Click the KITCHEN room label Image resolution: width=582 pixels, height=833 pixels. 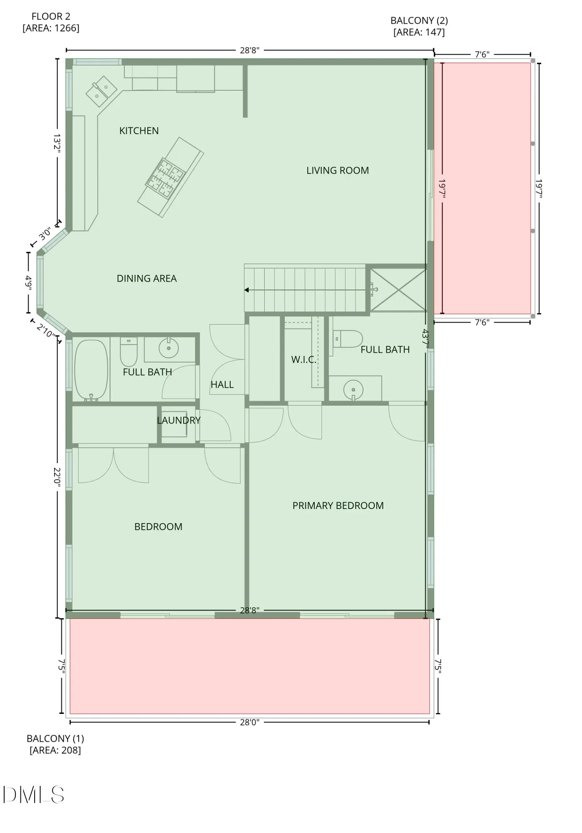(139, 131)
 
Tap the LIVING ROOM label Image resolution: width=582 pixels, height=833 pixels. (338, 170)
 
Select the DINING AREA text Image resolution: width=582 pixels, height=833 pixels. (147, 278)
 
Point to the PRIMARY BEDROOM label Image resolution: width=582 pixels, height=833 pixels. (338, 506)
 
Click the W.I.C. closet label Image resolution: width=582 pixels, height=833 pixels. (304, 359)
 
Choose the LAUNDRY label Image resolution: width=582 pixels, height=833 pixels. (179, 420)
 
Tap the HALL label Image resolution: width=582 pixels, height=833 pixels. (222, 384)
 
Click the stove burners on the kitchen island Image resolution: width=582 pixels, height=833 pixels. (165, 178)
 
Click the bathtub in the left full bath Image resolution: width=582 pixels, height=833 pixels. (91, 370)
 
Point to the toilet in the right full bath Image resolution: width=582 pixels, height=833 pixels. (348, 339)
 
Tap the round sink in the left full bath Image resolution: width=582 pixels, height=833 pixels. (169, 348)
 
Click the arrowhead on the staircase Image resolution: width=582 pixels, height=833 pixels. (247, 290)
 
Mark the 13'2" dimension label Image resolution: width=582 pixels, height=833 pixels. (57, 144)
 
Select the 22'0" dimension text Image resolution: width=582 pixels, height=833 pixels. (57, 477)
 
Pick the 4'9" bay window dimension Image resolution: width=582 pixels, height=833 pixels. (28, 283)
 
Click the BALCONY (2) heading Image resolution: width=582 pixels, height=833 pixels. (419, 20)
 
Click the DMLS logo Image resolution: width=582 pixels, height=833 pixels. (34, 795)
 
